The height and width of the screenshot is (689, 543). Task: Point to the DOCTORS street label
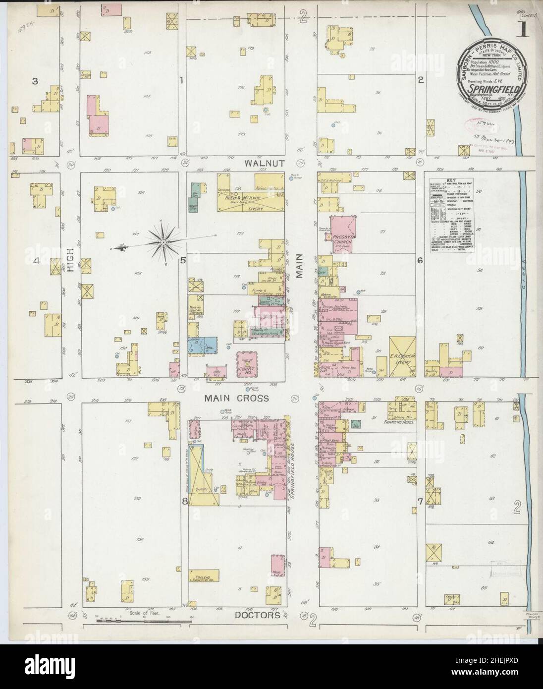coord(253,615)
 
